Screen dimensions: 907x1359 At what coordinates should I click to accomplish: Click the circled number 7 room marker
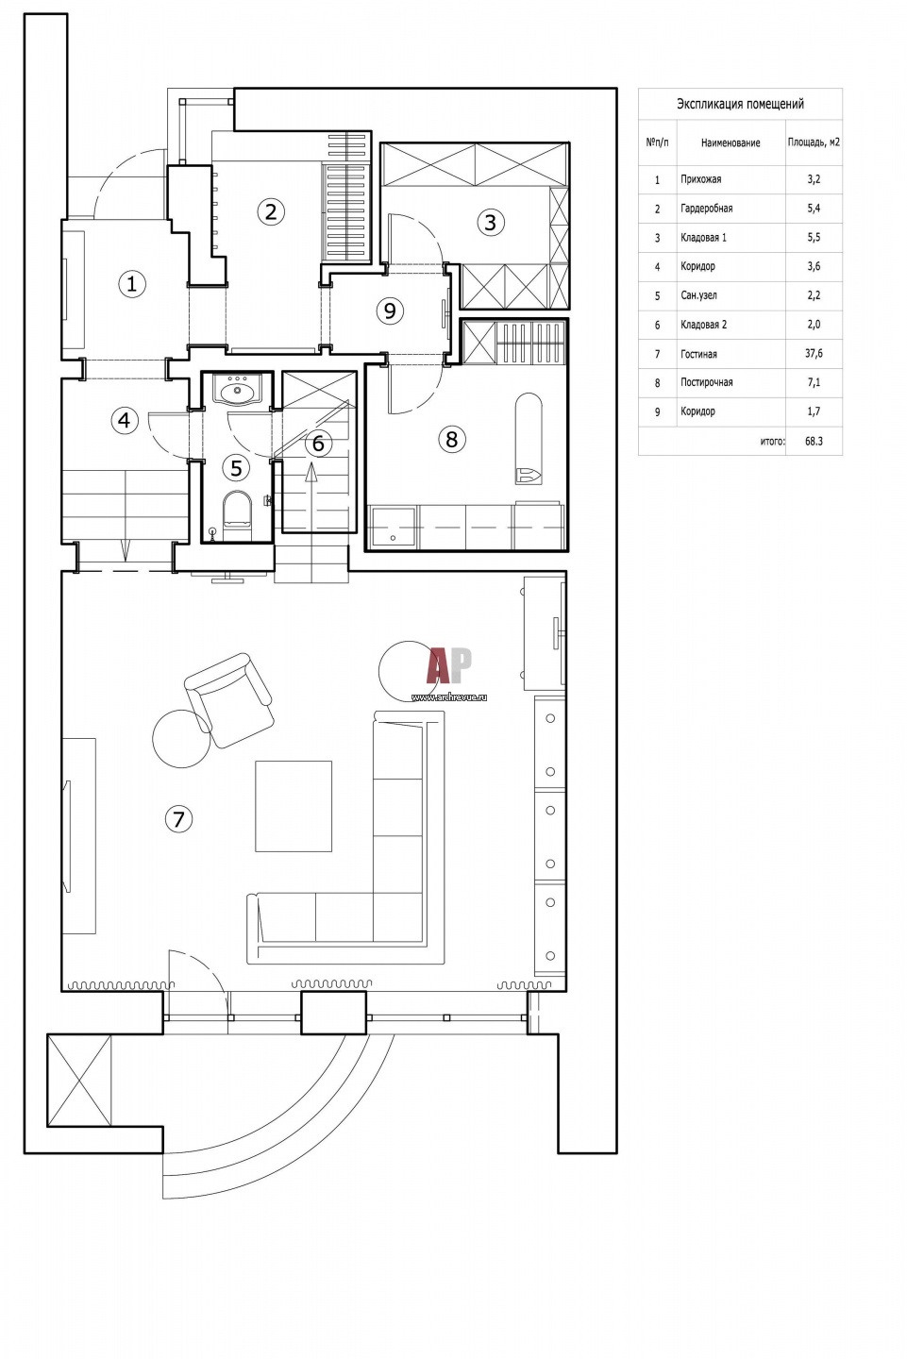click(x=178, y=819)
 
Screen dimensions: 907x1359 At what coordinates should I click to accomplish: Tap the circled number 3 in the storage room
click(x=490, y=222)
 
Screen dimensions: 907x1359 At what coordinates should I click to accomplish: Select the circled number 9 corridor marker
click(x=390, y=310)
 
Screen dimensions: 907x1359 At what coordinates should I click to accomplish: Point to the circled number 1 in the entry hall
click(x=131, y=284)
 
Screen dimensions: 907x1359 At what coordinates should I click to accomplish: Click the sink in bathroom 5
click(x=237, y=390)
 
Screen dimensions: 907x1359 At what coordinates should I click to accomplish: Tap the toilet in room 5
click(x=237, y=514)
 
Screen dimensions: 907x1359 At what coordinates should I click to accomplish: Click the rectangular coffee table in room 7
click(x=294, y=806)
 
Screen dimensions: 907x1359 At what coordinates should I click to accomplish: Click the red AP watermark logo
click(x=449, y=665)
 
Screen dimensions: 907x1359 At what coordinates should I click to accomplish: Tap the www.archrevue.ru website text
click(x=449, y=697)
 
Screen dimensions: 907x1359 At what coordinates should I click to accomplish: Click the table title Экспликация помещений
click(x=740, y=104)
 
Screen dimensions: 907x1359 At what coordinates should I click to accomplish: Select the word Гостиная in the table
click(x=698, y=354)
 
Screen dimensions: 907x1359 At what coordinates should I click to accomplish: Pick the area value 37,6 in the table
click(x=814, y=353)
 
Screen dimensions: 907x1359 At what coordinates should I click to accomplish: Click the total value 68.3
click(x=814, y=441)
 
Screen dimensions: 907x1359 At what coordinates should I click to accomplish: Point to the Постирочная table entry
click(x=706, y=382)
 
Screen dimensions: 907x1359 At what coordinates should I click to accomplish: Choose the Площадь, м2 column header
click(x=814, y=143)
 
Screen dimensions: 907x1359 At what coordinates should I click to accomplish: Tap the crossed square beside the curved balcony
click(x=79, y=1081)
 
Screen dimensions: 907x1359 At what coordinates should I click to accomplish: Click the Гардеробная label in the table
click(x=706, y=208)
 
